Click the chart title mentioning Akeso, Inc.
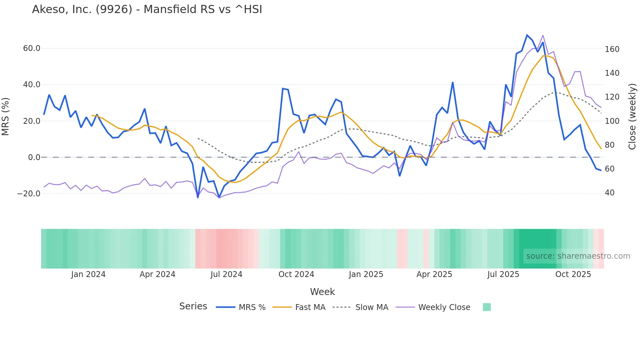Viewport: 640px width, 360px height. click(x=147, y=9)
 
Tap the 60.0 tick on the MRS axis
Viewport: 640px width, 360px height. click(x=32, y=48)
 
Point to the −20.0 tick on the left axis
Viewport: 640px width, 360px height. click(x=29, y=193)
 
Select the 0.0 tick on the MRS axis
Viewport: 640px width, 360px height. click(x=34, y=157)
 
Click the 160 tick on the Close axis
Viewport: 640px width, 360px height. click(x=612, y=49)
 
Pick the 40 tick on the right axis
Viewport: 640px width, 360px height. click(x=610, y=193)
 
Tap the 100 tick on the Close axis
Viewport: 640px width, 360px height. click(x=612, y=121)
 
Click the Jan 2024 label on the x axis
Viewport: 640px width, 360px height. click(x=88, y=274)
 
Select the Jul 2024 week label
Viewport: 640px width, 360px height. click(x=226, y=274)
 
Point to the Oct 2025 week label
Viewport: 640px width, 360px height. click(x=573, y=274)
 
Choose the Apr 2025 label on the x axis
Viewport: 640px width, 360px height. click(x=434, y=274)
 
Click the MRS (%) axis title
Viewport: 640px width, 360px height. click(x=6, y=116)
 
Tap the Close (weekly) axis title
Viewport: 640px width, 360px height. click(x=632, y=116)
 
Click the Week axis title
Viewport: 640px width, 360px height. click(x=322, y=292)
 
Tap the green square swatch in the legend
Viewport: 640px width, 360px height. click(x=487, y=307)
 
